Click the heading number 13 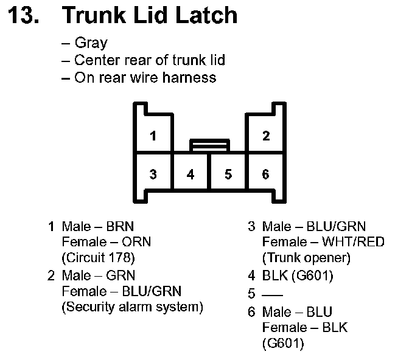[x=25, y=15]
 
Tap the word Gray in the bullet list [x=91, y=43]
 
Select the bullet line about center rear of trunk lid [x=149, y=60]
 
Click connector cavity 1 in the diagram [x=153, y=136]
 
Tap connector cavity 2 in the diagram [x=266, y=136]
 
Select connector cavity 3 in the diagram [x=153, y=175]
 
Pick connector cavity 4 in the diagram [x=191, y=175]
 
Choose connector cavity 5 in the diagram [x=228, y=175]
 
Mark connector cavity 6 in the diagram [x=266, y=175]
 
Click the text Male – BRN [x=98, y=227]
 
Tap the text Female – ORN [x=106, y=242]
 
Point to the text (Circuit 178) [x=98, y=257]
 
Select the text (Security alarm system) [x=132, y=306]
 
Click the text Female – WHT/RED [x=323, y=242]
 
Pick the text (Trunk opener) [x=307, y=257]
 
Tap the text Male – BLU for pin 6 [x=298, y=313]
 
